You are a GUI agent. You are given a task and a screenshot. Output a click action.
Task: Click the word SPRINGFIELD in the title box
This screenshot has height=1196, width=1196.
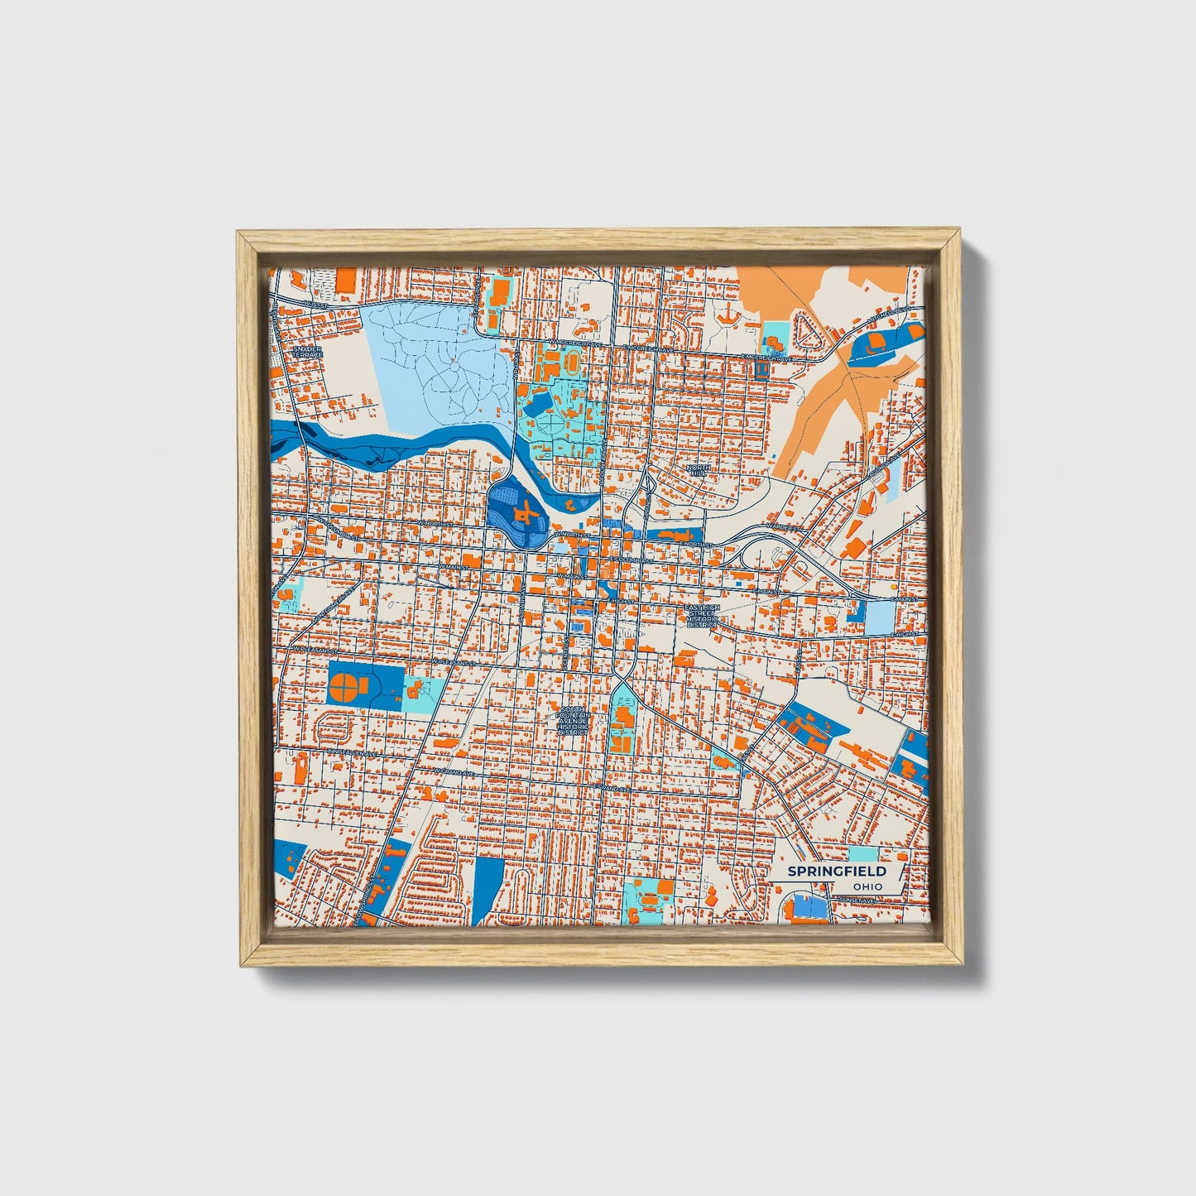836,872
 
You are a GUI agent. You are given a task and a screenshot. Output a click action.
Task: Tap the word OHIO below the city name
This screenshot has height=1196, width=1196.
867,886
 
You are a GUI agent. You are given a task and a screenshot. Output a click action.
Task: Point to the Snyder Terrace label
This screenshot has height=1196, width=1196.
307,352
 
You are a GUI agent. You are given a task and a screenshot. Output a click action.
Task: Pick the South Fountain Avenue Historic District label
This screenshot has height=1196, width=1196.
573,721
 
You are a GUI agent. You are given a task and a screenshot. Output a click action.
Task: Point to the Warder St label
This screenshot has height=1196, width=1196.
783,526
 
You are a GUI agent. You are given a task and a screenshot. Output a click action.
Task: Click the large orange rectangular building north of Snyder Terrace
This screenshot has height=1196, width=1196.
345,280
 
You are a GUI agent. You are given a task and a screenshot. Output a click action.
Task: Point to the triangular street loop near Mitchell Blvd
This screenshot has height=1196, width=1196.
805,329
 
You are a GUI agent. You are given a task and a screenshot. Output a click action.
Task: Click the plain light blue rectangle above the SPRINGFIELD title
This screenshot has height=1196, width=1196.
863,853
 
